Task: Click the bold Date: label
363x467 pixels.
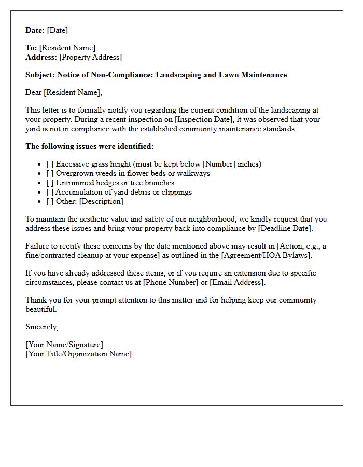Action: tap(35, 30)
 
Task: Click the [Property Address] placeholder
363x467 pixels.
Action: tap(91, 57)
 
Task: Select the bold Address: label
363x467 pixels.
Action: tap(41, 57)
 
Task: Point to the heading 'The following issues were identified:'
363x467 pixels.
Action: tap(90, 146)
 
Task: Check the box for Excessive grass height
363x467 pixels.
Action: tap(50, 164)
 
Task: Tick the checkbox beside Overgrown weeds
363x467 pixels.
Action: tap(50, 173)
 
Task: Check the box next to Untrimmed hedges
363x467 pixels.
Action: tap(50, 183)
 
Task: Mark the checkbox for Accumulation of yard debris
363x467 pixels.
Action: tap(50, 192)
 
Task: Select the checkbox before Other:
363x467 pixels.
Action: tap(50, 201)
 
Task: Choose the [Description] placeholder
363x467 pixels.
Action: tap(101, 201)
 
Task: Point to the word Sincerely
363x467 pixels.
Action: tap(41, 327)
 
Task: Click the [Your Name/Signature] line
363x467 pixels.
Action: tap(64, 345)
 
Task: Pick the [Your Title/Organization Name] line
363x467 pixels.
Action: tap(78, 354)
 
